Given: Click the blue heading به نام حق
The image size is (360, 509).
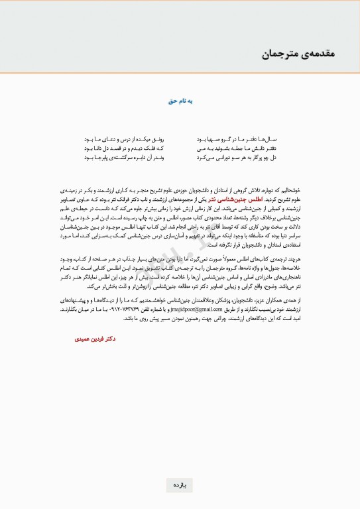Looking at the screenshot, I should tap(180, 101).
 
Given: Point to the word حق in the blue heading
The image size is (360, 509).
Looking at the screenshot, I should tap(172, 101).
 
